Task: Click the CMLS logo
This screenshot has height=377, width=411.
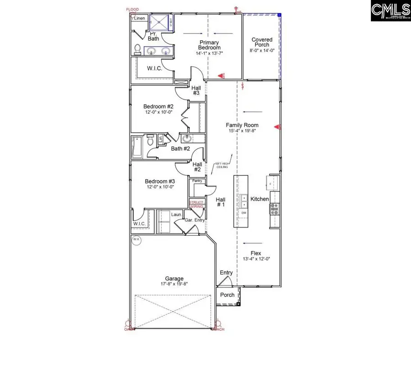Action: tap(390, 11)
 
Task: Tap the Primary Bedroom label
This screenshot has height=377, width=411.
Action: tap(210, 45)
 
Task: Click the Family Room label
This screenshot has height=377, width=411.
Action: tap(242, 125)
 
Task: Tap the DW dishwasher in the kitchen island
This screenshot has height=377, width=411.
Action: tap(244, 213)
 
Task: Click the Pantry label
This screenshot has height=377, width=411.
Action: tap(197, 181)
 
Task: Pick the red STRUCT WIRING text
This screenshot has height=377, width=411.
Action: tap(196, 204)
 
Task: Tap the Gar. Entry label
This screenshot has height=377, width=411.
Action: tap(195, 220)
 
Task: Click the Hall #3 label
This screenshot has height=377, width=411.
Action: tap(196, 90)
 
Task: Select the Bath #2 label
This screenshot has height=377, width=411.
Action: tap(180, 149)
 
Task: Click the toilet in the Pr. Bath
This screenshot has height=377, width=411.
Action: tap(137, 49)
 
